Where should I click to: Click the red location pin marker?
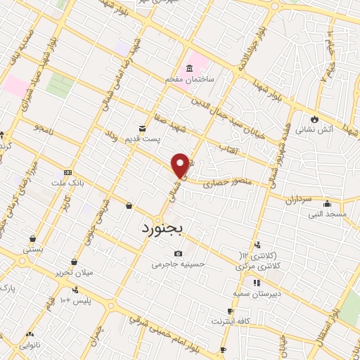(181, 165)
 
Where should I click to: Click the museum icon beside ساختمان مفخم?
(188, 68)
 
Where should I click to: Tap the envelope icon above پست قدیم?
(143, 129)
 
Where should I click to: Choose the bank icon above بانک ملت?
(67, 172)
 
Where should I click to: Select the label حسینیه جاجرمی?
(179, 264)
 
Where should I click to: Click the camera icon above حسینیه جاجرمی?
(179, 253)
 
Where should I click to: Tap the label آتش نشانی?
(312, 129)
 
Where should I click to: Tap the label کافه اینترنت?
(229, 321)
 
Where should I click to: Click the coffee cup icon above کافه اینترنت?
(230, 311)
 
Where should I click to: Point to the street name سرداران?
(298, 199)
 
